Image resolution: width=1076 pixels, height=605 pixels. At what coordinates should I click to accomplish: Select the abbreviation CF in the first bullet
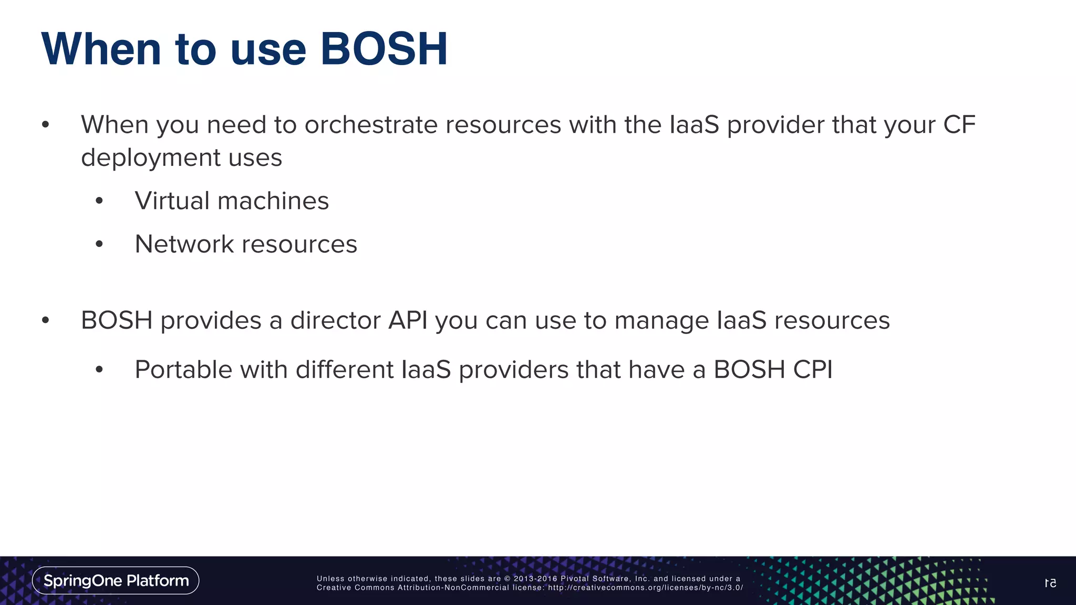click(959, 125)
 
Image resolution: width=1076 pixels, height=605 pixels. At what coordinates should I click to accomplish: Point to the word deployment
click(151, 158)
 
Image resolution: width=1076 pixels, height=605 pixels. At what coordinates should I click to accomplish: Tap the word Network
click(184, 244)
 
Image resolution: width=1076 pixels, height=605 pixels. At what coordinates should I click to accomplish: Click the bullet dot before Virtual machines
click(99, 201)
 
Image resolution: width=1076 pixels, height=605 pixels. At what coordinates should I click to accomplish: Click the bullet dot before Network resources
click(99, 244)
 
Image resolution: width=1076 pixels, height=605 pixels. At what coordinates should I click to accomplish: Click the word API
click(407, 320)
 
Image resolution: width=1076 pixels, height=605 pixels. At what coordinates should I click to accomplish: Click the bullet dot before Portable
click(99, 370)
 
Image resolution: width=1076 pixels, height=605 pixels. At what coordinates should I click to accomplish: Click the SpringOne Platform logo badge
click(116, 580)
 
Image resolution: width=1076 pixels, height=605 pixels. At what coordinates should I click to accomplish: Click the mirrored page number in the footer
click(1050, 583)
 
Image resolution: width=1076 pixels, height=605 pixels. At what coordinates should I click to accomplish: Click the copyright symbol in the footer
click(508, 579)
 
